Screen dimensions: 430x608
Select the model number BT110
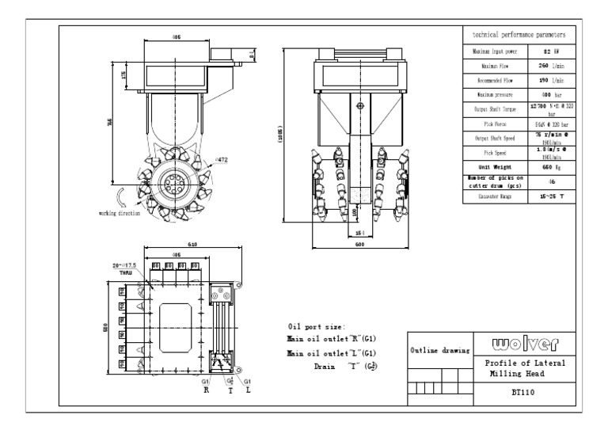pyautogui.click(x=518, y=391)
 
